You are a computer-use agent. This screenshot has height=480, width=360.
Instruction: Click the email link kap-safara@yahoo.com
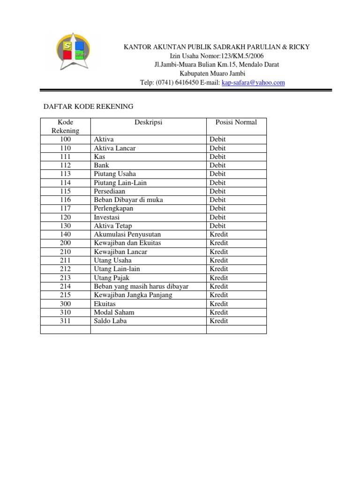click(253, 82)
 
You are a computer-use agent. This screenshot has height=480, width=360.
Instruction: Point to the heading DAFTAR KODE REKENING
click(88, 106)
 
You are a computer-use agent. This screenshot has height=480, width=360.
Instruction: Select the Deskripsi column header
click(148, 122)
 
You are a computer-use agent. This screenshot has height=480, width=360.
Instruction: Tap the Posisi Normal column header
click(236, 122)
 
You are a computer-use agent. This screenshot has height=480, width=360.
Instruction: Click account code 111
click(65, 157)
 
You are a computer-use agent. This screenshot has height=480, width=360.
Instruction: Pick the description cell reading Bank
click(101, 165)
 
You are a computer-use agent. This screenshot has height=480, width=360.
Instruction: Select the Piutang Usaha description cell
click(115, 174)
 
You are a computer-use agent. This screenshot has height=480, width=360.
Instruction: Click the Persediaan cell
click(110, 191)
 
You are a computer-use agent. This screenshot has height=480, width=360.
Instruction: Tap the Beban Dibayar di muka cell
click(128, 200)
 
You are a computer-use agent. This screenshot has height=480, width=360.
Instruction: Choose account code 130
click(65, 225)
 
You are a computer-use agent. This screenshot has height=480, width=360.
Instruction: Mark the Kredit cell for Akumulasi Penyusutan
click(219, 234)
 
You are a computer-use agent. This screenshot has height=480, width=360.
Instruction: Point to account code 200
click(65, 243)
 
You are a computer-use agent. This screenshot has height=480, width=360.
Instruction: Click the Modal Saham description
click(114, 312)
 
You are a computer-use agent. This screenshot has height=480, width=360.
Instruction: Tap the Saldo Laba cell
click(110, 321)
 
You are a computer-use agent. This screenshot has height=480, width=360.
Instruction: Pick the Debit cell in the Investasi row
click(217, 217)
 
